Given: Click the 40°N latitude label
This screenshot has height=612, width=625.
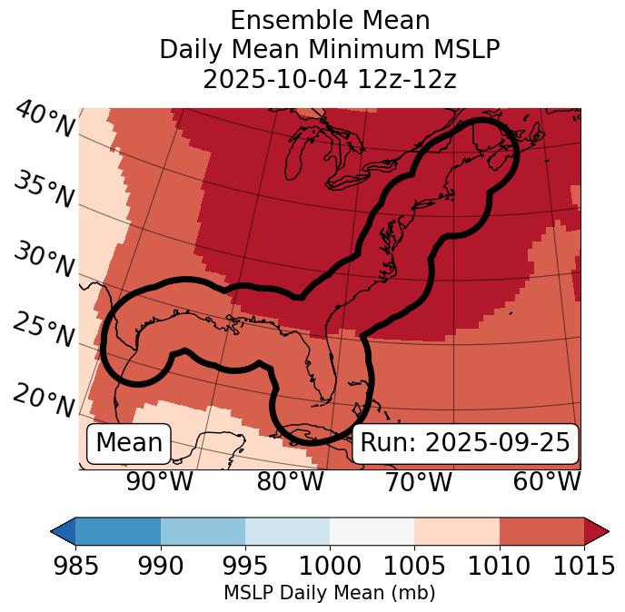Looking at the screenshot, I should click(45, 121).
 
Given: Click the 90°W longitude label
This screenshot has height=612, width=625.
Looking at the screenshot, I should click(160, 481).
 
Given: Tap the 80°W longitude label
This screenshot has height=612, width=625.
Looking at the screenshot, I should click(290, 481).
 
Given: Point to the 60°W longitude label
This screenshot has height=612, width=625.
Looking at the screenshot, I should click(547, 481).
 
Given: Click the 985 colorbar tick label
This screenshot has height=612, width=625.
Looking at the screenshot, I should click(75, 566).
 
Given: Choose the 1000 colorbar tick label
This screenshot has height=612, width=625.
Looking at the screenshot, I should click(330, 566).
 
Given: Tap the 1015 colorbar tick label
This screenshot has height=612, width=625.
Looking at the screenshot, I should click(582, 566).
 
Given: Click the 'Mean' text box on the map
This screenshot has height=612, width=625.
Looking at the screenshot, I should click(129, 443).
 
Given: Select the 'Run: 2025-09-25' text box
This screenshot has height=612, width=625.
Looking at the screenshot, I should click(465, 443).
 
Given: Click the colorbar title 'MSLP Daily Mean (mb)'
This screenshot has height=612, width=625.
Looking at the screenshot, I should click(329, 594).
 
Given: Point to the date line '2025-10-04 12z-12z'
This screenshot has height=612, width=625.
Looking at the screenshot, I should click(329, 79).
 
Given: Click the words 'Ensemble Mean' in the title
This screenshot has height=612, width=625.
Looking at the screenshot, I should click(329, 20).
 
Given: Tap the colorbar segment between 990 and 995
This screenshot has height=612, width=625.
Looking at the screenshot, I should click(203, 530).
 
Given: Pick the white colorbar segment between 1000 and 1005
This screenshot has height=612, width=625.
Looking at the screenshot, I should click(372, 530).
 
